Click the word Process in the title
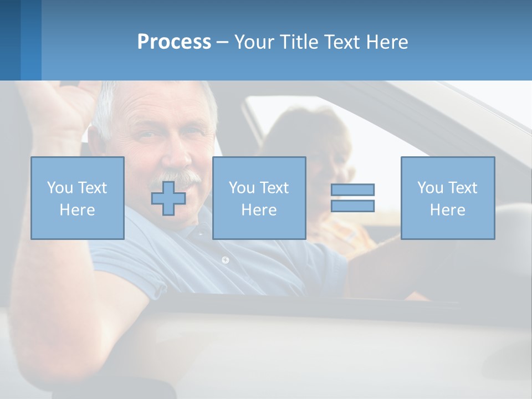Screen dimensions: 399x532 pos(174,42)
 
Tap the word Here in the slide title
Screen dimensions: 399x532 pos(386,42)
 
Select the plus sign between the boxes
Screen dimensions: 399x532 pos(168,198)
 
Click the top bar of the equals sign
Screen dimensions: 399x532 pos(352,190)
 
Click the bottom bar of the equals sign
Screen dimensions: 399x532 pos(352,206)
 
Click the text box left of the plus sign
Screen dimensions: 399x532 pos(78,198)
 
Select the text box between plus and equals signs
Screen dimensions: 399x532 pos(259,198)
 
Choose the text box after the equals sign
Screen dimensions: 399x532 pos(448,198)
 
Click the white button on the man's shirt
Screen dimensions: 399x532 pos(225,259)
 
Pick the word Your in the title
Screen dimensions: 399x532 pos(254,42)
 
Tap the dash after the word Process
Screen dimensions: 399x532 pos(222,42)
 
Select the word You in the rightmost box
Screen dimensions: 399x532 pos(430,188)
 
